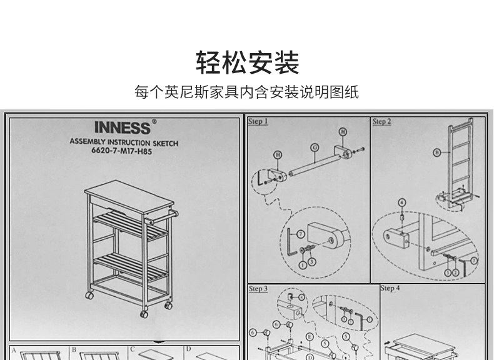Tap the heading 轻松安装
point(248,63)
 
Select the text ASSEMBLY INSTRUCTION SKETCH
point(124,143)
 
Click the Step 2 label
point(381,121)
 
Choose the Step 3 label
point(258,289)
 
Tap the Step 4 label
point(390,289)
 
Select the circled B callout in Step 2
point(438,152)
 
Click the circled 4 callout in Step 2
point(401,202)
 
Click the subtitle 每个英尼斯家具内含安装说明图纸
point(247,93)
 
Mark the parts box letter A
point(14,351)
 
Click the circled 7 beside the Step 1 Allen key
point(301,234)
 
